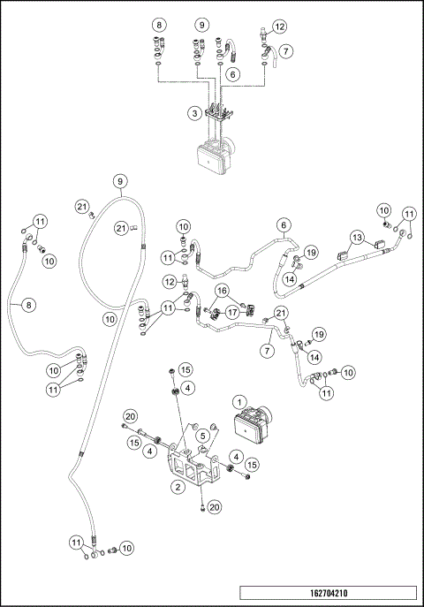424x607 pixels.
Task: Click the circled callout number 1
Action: (x=239, y=402)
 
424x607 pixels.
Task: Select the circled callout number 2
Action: (x=178, y=486)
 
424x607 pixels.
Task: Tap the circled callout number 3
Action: (x=193, y=113)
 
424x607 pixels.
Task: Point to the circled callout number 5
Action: (x=202, y=435)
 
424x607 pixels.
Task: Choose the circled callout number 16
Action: (x=223, y=290)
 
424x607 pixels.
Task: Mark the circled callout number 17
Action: (x=232, y=311)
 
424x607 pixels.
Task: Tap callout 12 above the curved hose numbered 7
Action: (x=279, y=27)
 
